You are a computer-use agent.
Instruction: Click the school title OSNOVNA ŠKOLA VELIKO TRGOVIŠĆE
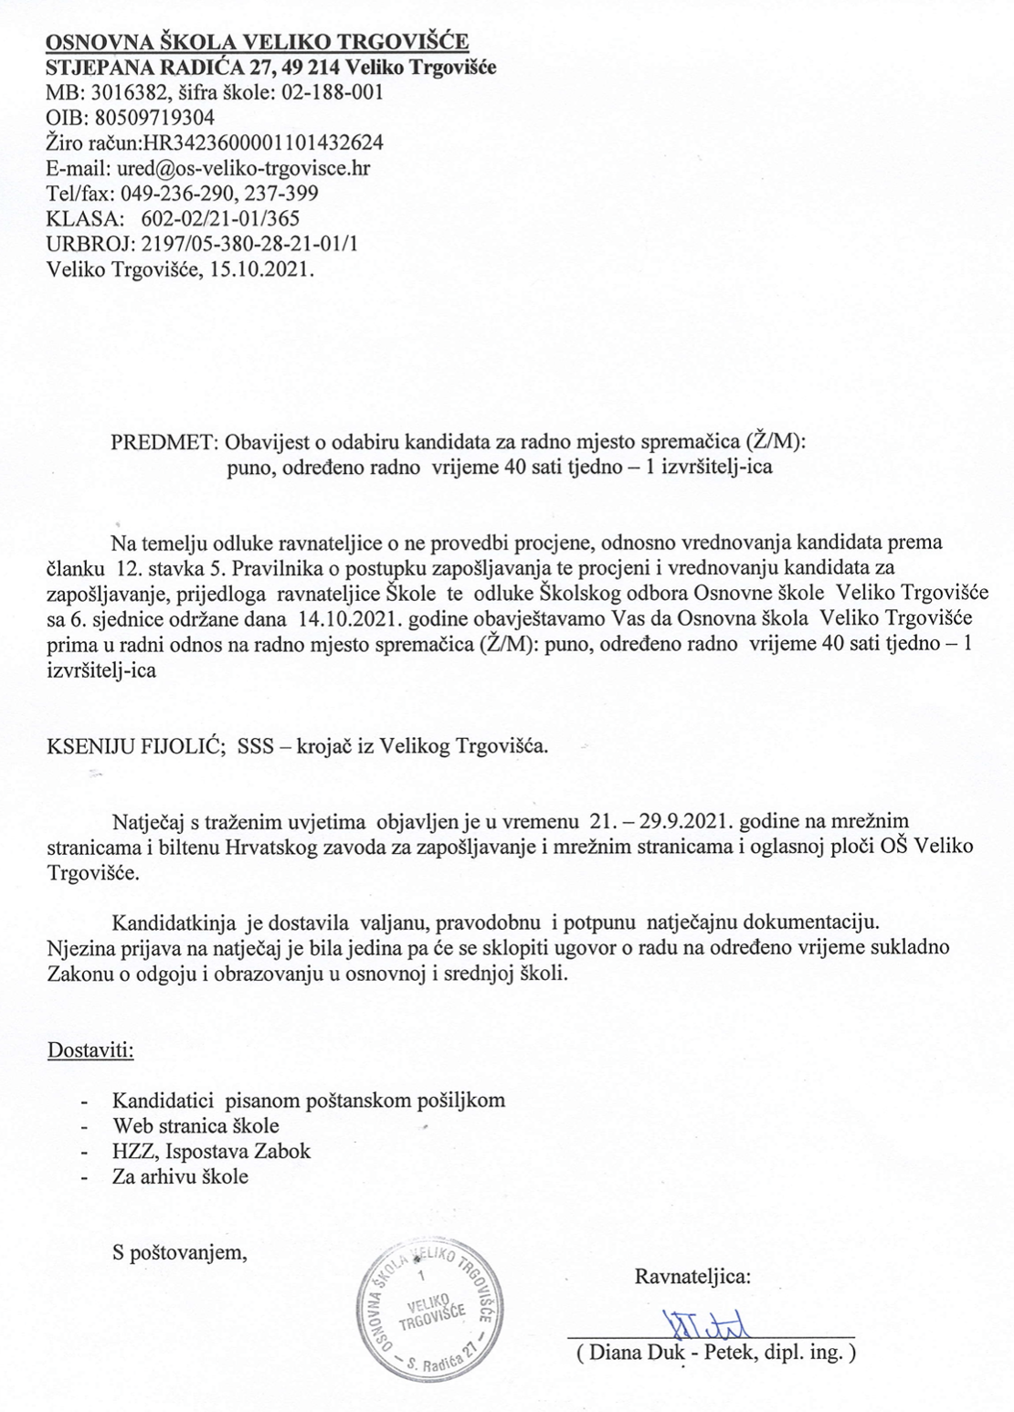tap(258, 42)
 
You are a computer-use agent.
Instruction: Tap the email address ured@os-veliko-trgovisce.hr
tap(242, 168)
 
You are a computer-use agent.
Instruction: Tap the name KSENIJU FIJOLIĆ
tap(130, 746)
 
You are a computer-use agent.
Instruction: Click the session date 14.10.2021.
tap(343, 618)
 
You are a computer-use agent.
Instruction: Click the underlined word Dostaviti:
tap(90, 1049)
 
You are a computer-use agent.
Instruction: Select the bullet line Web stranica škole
tap(195, 1125)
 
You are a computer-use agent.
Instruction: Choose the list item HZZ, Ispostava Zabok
tap(211, 1151)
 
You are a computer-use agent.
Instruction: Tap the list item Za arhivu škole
tap(180, 1176)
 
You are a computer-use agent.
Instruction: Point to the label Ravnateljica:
tap(692, 1276)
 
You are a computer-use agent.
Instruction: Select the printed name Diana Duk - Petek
tap(659, 1353)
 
